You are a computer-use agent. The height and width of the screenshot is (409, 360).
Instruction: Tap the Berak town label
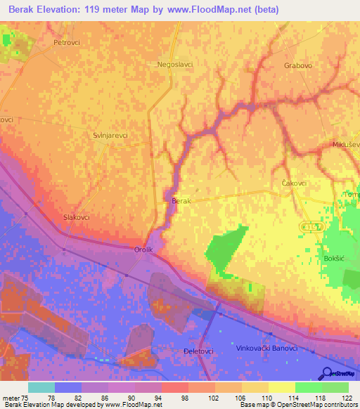tap(181, 201)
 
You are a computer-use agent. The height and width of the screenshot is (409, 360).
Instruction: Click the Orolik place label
tap(143, 249)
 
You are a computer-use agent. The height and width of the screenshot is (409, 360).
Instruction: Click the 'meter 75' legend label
tap(14, 398)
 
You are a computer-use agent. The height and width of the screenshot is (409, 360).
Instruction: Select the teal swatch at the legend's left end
tap(41, 387)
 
